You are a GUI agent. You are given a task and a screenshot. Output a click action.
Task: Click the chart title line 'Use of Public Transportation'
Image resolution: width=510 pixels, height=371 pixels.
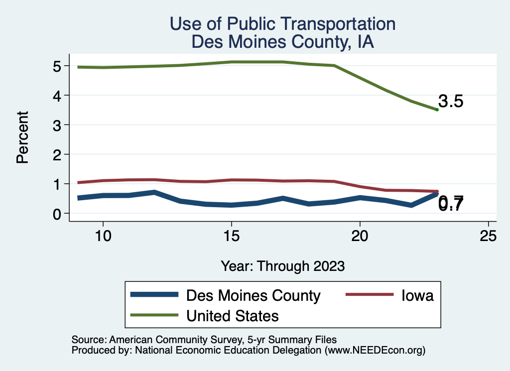[x=282, y=23]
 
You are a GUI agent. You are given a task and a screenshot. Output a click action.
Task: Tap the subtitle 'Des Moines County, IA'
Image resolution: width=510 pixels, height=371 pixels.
[x=282, y=42]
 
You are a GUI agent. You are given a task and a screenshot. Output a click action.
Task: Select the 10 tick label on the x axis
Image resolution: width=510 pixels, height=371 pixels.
[x=103, y=236]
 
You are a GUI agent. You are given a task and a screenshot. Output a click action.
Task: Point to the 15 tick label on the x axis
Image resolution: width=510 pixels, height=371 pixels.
[x=231, y=236]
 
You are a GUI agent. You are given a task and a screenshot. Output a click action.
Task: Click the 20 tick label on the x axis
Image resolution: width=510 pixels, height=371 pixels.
[x=360, y=236]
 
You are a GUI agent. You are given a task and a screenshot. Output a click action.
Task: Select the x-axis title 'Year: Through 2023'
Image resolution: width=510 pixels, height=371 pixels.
[x=282, y=266]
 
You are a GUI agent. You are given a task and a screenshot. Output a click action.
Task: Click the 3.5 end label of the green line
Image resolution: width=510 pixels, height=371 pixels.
[x=451, y=102]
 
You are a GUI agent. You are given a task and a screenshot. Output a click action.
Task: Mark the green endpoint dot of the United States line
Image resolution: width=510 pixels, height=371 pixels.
[x=437, y=110]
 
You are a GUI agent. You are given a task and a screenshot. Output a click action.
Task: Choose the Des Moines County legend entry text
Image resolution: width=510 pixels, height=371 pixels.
[x=253, y=295]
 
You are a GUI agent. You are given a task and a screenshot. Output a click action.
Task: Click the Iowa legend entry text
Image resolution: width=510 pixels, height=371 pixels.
[x=418, y=295]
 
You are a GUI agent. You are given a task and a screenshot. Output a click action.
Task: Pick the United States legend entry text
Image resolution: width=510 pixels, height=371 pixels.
[x=232, y=315]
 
